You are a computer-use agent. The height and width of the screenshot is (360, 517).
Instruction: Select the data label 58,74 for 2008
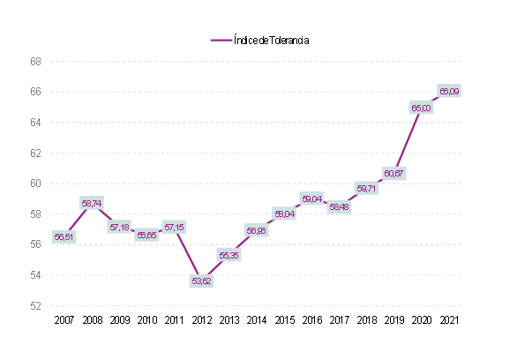click(92, 203)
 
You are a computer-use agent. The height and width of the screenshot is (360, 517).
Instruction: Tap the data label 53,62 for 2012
click(201, 281)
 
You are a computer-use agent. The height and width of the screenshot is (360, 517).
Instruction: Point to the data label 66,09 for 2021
click(448, 92)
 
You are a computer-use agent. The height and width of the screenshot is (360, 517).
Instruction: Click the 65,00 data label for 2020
click(421, 108)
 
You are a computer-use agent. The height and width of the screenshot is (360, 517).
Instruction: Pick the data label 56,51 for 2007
click(64, 236)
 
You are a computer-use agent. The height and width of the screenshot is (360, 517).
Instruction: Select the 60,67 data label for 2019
click(393, 173)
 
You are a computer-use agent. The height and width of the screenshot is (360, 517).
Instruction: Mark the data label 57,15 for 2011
click(174, 227)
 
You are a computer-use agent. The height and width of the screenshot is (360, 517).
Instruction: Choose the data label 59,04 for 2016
click(311, 199)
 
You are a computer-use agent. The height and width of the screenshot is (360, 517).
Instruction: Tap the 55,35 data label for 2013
click(229, 255)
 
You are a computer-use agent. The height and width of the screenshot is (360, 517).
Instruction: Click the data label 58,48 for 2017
click(339, 207)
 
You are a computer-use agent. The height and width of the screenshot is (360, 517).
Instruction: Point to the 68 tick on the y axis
click(36, 62)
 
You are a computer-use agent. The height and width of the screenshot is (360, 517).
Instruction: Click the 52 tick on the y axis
click(36, 306)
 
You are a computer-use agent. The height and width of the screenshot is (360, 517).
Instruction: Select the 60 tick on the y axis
click(36, 184)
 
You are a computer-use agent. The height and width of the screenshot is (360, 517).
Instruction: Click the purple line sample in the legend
click(221, 40)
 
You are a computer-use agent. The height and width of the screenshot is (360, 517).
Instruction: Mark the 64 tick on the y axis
click(36, 123)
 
